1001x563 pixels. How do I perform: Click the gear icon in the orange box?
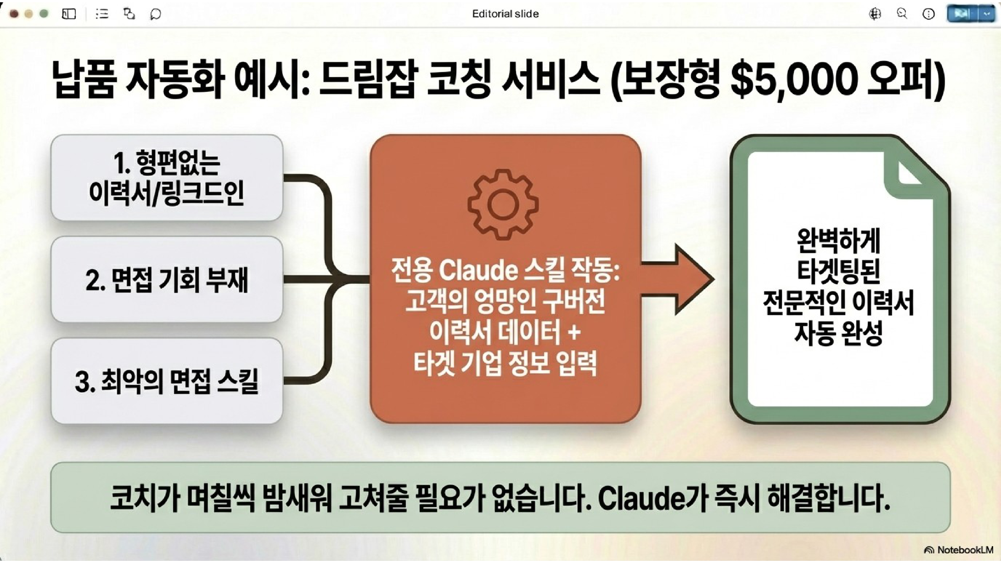tap(503, 204)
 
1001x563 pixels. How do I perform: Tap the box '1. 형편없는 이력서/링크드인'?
tap(167, 178)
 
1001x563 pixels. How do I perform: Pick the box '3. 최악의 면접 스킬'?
tap(167, 381)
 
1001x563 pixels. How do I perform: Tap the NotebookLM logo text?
tap(965, 550)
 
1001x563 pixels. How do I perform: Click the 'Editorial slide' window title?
tap(505, 14)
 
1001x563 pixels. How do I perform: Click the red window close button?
tap(14, 14)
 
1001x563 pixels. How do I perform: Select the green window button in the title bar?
tap(44, 14)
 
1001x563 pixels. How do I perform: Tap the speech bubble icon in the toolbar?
tap(155, 14)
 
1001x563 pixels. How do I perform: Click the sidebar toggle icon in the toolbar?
tap(69, 14)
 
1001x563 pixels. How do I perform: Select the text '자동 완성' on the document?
tap(839, 333)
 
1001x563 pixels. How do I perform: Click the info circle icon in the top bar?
tap(928, 14)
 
